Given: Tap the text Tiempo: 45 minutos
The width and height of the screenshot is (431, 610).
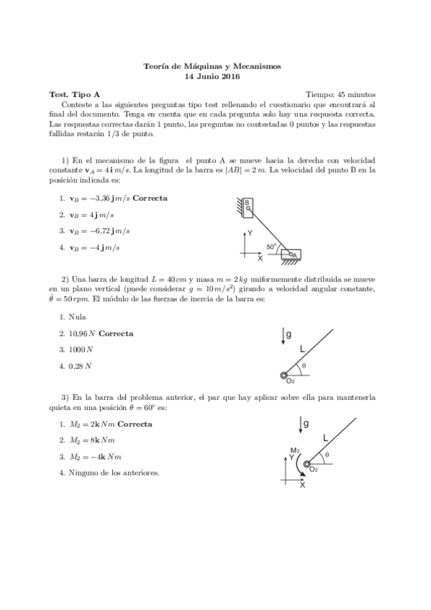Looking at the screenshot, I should tap(340, 94).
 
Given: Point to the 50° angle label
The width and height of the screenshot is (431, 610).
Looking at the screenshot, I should tap(271, 246).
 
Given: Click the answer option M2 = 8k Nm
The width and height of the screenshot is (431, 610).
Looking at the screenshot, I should tap(91, 440).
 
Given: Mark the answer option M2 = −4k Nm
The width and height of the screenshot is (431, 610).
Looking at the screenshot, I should tap(95, 456).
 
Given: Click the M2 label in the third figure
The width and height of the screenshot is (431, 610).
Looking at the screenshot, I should tap(295, 450).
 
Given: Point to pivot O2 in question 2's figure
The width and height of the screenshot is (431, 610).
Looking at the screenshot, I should tap(285, 375).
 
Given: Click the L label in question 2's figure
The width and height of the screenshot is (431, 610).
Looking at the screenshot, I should tap(303, 347).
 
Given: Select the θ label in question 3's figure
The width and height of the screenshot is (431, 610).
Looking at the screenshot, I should tap(327, 455).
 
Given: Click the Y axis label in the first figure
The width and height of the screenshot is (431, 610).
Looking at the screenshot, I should tap(250, 234).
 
